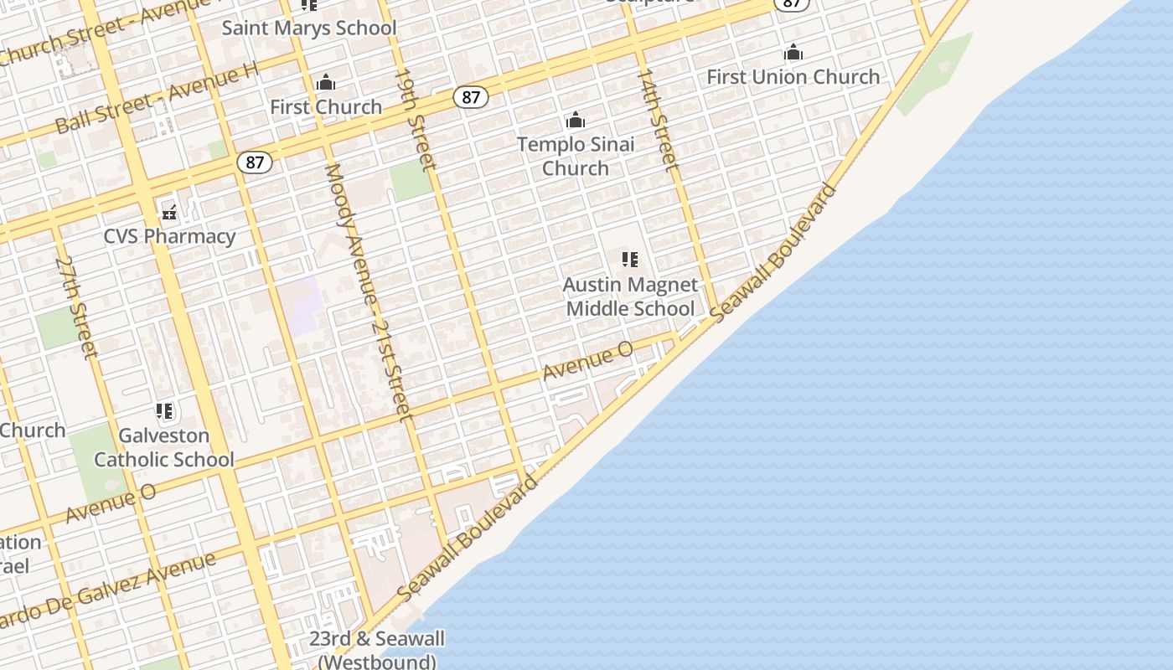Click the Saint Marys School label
[x=308, y=28]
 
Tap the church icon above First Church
[x=326, y=82]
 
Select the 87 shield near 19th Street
[x=471, y=97]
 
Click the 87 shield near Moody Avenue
[x=254, y=162]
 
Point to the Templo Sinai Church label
[x=576, y=156]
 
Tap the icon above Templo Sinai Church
[x=576, y=120]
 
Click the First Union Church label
[x=793, y=76]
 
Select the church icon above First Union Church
[x=793, y=53]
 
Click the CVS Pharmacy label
[x=169, y=236]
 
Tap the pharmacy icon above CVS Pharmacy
[x=169, y=211]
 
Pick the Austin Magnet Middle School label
[x=630, y=296]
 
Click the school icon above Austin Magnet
[x=630, y=260]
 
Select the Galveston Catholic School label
[x=164, y=447]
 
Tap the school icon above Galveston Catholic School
[x=164, y=411]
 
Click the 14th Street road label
[x=658, y=120]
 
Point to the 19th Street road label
[x=415, y=120]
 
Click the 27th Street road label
[x=76, y=307]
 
